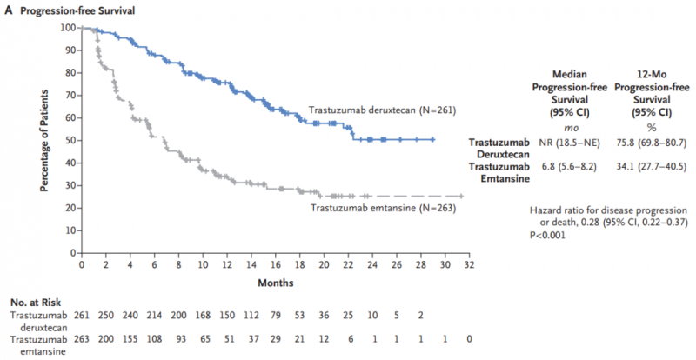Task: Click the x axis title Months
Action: point(275,282)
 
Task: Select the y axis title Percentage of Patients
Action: point(45,139)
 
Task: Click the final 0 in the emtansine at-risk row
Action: point(470,337)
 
